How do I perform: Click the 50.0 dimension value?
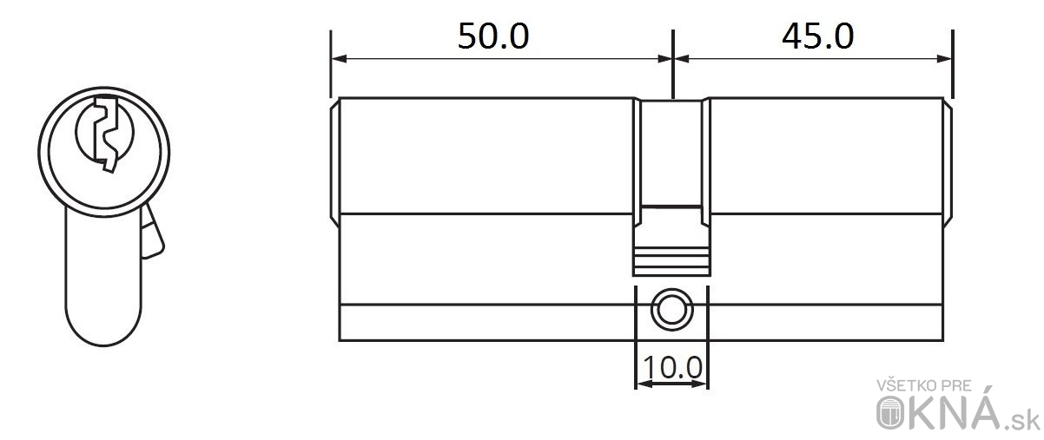pyautogui.click(x=493, y=36)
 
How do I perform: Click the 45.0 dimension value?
pyautogui.click(x=817, y=36)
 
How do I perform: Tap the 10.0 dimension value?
pyautogui.click(x=672, y=367)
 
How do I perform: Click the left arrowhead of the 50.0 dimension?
pyautogui.click(x=339, y=59)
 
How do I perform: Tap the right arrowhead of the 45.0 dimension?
pyautogui.click(x=944, y=59)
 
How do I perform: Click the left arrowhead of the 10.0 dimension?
pyautogui.click(x=644, y=384)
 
